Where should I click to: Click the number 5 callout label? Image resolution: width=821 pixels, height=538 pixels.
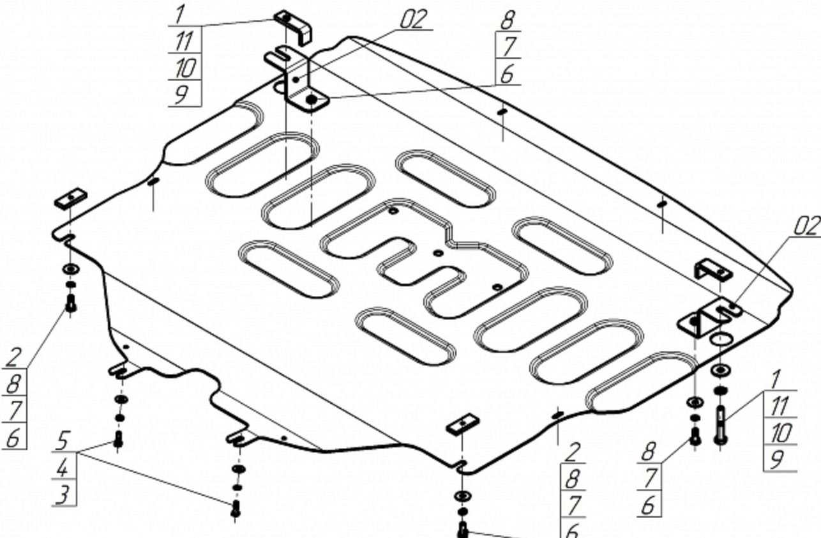[x=63, y=441]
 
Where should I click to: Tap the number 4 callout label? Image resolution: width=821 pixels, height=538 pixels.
[x=63, y=468]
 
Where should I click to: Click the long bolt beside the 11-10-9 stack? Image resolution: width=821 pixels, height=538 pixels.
[x=720, y=426]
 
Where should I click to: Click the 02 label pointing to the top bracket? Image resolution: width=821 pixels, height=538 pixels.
[x=414, y=19]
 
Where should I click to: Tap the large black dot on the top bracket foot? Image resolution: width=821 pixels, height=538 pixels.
[x=311, y=100]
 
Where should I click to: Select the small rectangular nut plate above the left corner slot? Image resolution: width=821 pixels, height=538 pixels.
[x=71, y=199]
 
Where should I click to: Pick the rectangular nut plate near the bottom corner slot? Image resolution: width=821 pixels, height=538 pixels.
[x=463, y=424]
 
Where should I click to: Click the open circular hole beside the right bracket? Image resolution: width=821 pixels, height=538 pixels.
[x=721, y=339]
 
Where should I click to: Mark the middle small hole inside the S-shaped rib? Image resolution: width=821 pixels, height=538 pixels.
[x=439, y=253]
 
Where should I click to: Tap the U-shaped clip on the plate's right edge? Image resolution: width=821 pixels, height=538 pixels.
[x=712, y=270]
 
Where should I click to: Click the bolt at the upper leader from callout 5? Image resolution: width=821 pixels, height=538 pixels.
[x=118, y=440]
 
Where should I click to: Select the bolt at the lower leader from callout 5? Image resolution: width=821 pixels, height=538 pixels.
[x=236, y=509]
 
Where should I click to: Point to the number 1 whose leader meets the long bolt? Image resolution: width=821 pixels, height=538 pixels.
[x=775, y=380]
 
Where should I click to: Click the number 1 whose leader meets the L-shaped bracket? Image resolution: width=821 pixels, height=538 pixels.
[x=179, y=15]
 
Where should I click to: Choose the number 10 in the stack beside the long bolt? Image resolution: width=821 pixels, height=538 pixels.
[x=781, y=433]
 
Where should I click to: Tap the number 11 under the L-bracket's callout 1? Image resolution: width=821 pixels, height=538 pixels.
[x=184, y=41]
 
